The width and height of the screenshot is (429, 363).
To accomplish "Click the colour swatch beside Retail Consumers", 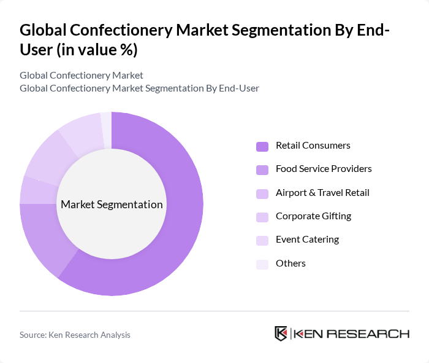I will click(x=262, y=146).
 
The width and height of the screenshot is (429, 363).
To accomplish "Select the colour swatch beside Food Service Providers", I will click(x=262, y=170).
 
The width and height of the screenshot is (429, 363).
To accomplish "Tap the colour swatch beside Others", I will click(x=262, y=264).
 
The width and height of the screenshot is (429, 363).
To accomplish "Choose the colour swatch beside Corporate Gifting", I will click(x=262, y=217).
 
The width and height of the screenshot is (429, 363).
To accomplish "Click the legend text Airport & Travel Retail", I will click(x=322, y=193).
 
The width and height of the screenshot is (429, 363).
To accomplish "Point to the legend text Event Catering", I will click(x=307, y=240).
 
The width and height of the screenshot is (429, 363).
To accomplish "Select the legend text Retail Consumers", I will click(x=313, y=146).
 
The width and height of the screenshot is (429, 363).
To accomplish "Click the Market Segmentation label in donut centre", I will click(x=112, y=205).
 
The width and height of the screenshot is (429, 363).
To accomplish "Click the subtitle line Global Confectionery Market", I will click(x=82, y=75).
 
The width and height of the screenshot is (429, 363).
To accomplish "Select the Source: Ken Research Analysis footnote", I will click(x=75, y=335).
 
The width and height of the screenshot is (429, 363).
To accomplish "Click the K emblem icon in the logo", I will click(x=281, y=334).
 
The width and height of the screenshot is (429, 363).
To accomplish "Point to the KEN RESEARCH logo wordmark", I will click(x=351, y=334).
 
